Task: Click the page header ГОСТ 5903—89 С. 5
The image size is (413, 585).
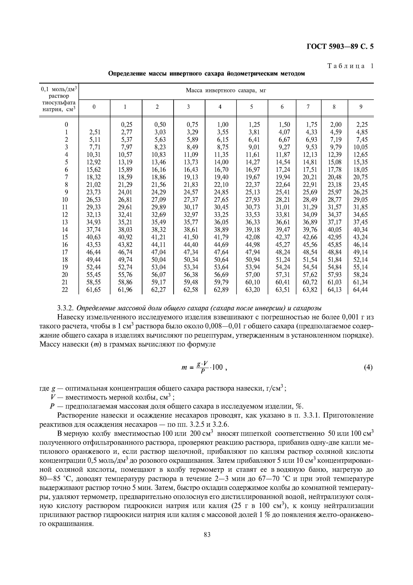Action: (x=340, y=47)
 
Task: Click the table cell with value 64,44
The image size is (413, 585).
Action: (x=360, y=290)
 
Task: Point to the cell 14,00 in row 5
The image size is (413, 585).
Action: (x=221, y=162)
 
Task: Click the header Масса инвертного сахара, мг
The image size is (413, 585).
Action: (x=226, y=91)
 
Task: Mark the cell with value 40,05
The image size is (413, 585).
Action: (x=334, y=230)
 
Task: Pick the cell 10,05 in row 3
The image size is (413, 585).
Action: (x=360, y=147)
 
